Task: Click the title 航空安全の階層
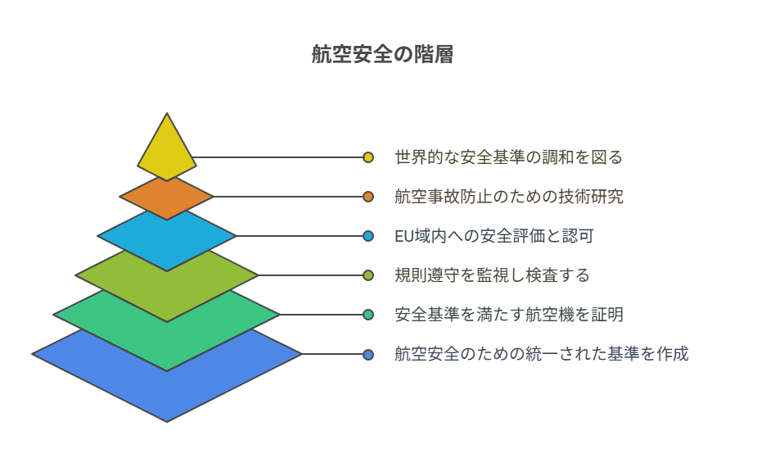coord(382,54)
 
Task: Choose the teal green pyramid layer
coord(167,338)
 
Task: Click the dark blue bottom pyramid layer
coord(167,387)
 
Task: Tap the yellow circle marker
coord(368,157)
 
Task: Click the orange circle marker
coord(368,197)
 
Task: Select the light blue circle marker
coord(368,236)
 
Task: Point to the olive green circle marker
coord(368,275)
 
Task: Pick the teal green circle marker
coord(368,315)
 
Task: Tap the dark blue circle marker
coord(368,354)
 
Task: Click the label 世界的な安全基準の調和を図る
coord(508,157)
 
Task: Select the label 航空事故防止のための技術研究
coord(508,197)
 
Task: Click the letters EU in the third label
coord(404,236)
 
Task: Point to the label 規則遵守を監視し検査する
coord(492,275)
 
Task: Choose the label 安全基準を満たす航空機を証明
coord(508,315)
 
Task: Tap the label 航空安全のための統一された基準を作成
coord(541,354)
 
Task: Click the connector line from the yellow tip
coord(278,157)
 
